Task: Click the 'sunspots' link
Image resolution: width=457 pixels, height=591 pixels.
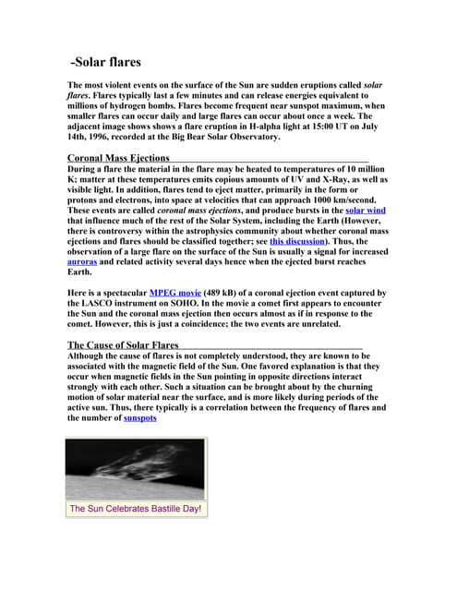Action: pos(139,417)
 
